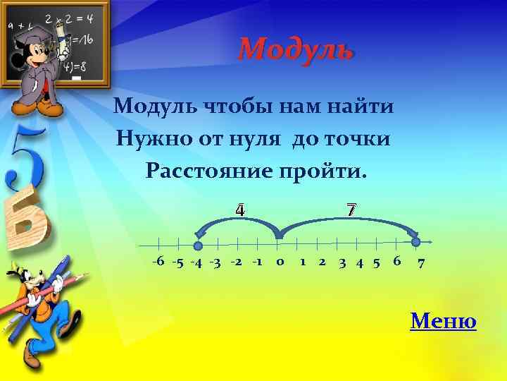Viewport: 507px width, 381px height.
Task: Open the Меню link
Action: [x=443, y=322]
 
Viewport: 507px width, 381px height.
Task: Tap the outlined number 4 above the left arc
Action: [x=240, y=210]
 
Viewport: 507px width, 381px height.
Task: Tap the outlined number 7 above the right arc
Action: [x=351, y=210]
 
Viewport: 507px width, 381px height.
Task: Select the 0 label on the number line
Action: [x=280, y=262]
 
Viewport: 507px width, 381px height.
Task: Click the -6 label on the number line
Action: [x=158, y=262]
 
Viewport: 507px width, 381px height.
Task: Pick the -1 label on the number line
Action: [x=257, y=262]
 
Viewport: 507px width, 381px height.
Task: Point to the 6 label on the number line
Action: [x=397, y=262]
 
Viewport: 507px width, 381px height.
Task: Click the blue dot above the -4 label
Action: [x=198, y=246]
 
